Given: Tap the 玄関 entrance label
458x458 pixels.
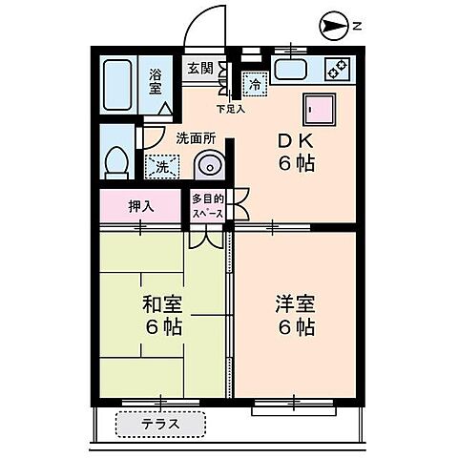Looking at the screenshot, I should click(199, 68).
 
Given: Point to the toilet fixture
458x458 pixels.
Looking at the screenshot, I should click(116, 161).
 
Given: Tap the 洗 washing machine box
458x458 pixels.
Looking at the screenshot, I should click(161, 166).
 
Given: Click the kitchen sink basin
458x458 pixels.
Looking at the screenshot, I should click(288, 69).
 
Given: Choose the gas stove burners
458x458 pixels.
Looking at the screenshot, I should click(338, 69).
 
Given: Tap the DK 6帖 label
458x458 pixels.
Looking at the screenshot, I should click(297, 151).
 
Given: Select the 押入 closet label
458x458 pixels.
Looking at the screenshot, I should click(140, 205).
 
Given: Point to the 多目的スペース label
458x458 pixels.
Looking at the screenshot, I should click(207, 206).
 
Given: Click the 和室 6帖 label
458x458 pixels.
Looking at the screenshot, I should click(162, 317).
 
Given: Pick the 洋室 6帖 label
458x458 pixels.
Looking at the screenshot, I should click(295, 316).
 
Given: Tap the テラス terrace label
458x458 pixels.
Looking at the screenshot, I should click(160, 424).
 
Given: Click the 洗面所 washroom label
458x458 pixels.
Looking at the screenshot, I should click(196, 138).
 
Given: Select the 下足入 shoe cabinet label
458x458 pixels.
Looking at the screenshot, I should click(230, 109).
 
